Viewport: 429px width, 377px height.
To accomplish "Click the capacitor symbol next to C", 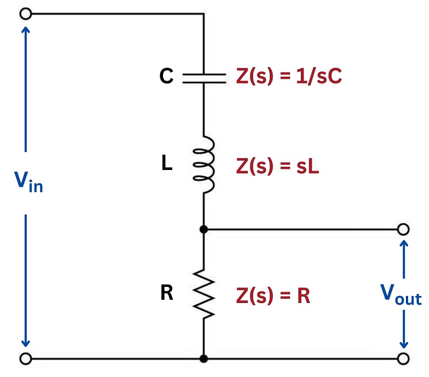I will pos(204,78).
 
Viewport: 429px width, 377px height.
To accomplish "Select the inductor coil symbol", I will pos(204,165).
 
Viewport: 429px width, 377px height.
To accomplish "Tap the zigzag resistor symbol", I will pos(204,294).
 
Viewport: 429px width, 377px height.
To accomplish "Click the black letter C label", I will pos(166,77).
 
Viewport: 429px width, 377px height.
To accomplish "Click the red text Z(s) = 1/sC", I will pos(289,78).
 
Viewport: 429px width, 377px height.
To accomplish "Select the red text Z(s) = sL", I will pos(278,167).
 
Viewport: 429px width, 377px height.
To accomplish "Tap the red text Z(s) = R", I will pos(273,295).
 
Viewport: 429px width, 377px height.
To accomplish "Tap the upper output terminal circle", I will pos(404,230).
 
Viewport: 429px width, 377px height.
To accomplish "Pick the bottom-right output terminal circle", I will pos(404,358).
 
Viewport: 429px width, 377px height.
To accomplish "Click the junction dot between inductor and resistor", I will pos(204,230).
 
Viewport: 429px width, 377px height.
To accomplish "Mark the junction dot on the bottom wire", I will pos(204,358).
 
